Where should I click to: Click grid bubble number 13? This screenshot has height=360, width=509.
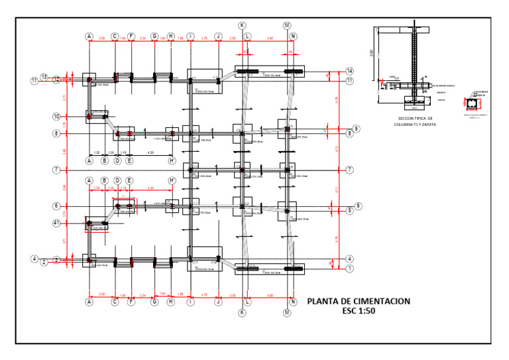tap(44, 78)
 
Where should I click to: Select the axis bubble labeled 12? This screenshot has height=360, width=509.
tap(57, 80)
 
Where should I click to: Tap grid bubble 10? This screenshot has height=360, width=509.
tap(57, 117)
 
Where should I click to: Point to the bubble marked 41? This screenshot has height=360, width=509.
tap(57, 223)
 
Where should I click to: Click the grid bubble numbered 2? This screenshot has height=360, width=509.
tap(44, 263)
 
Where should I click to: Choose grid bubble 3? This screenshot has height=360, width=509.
tap(57, 260)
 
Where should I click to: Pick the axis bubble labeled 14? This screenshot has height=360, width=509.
tap(349, 71)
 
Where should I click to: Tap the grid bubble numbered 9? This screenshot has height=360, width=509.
tap(356, 129)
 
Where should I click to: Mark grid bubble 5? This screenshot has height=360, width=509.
tap(349, 210)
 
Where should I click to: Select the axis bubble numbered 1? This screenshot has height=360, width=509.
tap(349, 269)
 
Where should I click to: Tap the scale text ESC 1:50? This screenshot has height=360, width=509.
tap(358, 312)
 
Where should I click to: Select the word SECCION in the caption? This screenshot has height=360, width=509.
tap(399, 118)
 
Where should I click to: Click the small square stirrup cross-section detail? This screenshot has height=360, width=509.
tap(473, 105)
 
